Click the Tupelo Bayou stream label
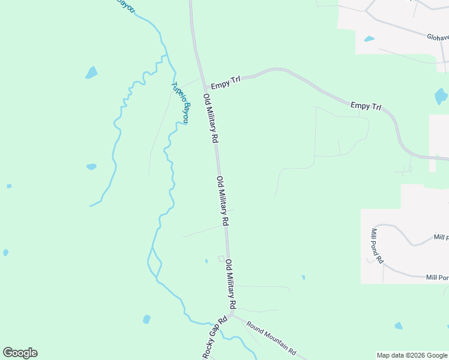(x=181, y=103)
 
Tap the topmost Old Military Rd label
(x=210, y=118)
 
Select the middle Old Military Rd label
(x=223, y=201)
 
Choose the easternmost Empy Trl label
(x=366, y=106)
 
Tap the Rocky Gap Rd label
(x=215, y=337)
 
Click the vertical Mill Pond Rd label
(x=377, y=246)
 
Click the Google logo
(x=20, y=353)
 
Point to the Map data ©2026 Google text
(x=412, y=355)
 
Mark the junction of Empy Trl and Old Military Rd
(x=203, y=85)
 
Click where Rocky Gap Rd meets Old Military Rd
(x=232, y=314)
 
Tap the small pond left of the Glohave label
(x=369, y=39)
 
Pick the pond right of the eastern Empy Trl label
(x=441, y=95)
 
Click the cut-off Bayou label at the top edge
(x=125, y=5)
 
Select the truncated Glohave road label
(x=438, y=37)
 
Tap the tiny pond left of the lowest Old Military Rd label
(x=206, y=260)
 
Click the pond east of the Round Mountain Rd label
(x=399, y=326)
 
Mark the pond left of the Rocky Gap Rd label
(x=146, y=319)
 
